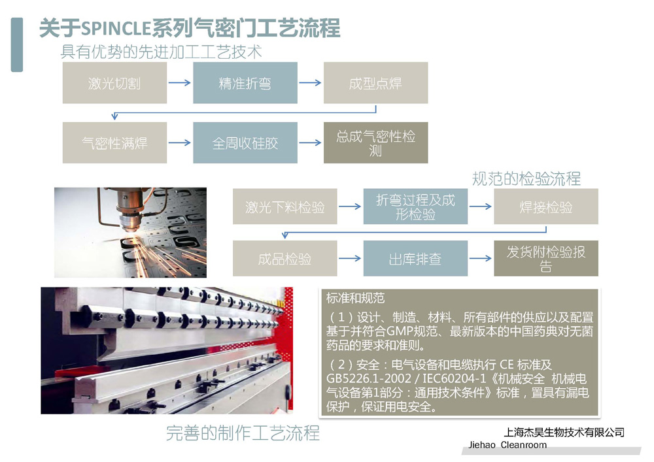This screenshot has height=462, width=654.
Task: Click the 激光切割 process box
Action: click(x=114, y=83)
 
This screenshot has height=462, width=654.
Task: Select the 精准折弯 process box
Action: click(x=245, y=83)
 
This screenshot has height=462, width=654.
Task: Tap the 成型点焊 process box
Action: click(x=375, y=83)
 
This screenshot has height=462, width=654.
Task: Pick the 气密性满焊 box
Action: click(x=114, y=142)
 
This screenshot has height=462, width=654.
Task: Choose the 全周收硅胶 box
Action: click(x=245, y=142)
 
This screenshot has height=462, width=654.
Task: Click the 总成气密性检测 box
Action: click(x=375, y=142)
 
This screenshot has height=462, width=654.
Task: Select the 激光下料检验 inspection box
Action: click(x=284, y=206)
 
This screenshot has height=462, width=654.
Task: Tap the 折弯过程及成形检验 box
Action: click(x=415, y=206)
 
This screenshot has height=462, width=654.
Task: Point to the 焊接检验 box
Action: click(x=545, y=206)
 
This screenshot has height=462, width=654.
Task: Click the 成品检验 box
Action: click(x=284, y=259)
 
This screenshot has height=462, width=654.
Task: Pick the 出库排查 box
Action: click(x=415, y=259)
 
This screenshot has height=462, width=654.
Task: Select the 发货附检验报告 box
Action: click(x=545, y=259)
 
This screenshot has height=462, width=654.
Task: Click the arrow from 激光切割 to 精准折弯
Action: click(x=179, y=83)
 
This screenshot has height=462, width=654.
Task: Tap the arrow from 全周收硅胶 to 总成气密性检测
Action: click(x=310, y=142)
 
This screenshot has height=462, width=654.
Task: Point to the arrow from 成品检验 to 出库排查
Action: click(x=350, y=259)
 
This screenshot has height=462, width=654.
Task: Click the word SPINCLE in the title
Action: click(x=116, y=29)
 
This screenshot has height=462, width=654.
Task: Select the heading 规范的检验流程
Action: click(x=526, y=178)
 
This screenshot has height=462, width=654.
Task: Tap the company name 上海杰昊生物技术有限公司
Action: click(x=564, y=432)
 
